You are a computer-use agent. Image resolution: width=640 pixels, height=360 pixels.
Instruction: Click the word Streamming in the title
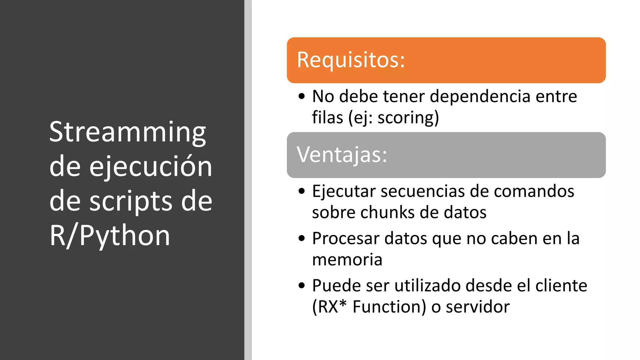tap(127, 132)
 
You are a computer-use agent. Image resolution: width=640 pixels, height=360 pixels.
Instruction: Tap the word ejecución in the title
tap(151, 167)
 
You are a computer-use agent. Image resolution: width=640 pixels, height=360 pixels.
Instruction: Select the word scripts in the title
tap(131, 201)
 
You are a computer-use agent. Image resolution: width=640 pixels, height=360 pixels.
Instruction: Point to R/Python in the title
tap(110, 236)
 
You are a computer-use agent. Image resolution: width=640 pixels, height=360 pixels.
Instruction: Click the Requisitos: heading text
tap(351, 60)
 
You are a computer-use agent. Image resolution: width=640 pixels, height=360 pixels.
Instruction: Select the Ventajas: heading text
tap(342, 155)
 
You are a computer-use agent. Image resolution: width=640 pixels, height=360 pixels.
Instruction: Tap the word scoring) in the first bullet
tap(408, 118)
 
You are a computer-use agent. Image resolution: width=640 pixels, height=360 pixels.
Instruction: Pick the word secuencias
tap(423, 191)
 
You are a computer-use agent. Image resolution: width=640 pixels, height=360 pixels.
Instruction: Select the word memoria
tap(347, 260)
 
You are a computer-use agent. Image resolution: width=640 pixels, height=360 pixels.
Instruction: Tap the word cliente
tap(561, 286)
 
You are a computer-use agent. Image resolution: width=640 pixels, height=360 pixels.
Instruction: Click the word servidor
tap(477, 307)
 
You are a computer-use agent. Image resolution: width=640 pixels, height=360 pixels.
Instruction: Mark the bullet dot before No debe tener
tap(302, 96)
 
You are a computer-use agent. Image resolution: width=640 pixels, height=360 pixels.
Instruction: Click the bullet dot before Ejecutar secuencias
tap(302, 191)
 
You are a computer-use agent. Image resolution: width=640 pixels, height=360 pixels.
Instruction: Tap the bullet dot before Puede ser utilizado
tap(302, 286)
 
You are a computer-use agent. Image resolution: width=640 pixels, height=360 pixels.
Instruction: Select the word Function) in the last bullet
tap(389, 307)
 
